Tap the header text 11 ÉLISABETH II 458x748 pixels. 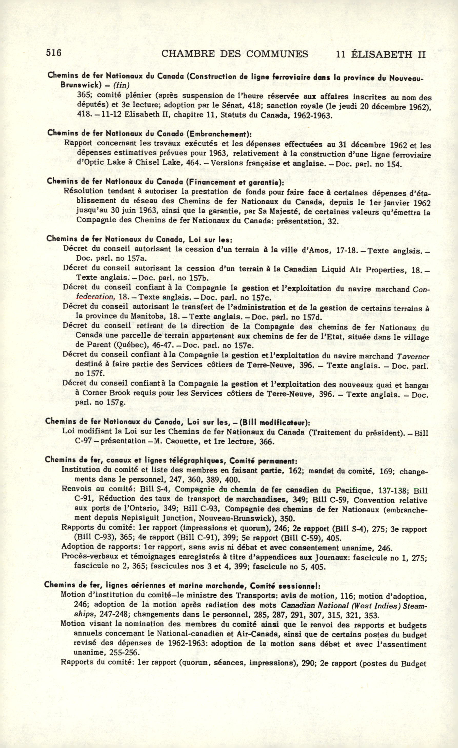381,55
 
